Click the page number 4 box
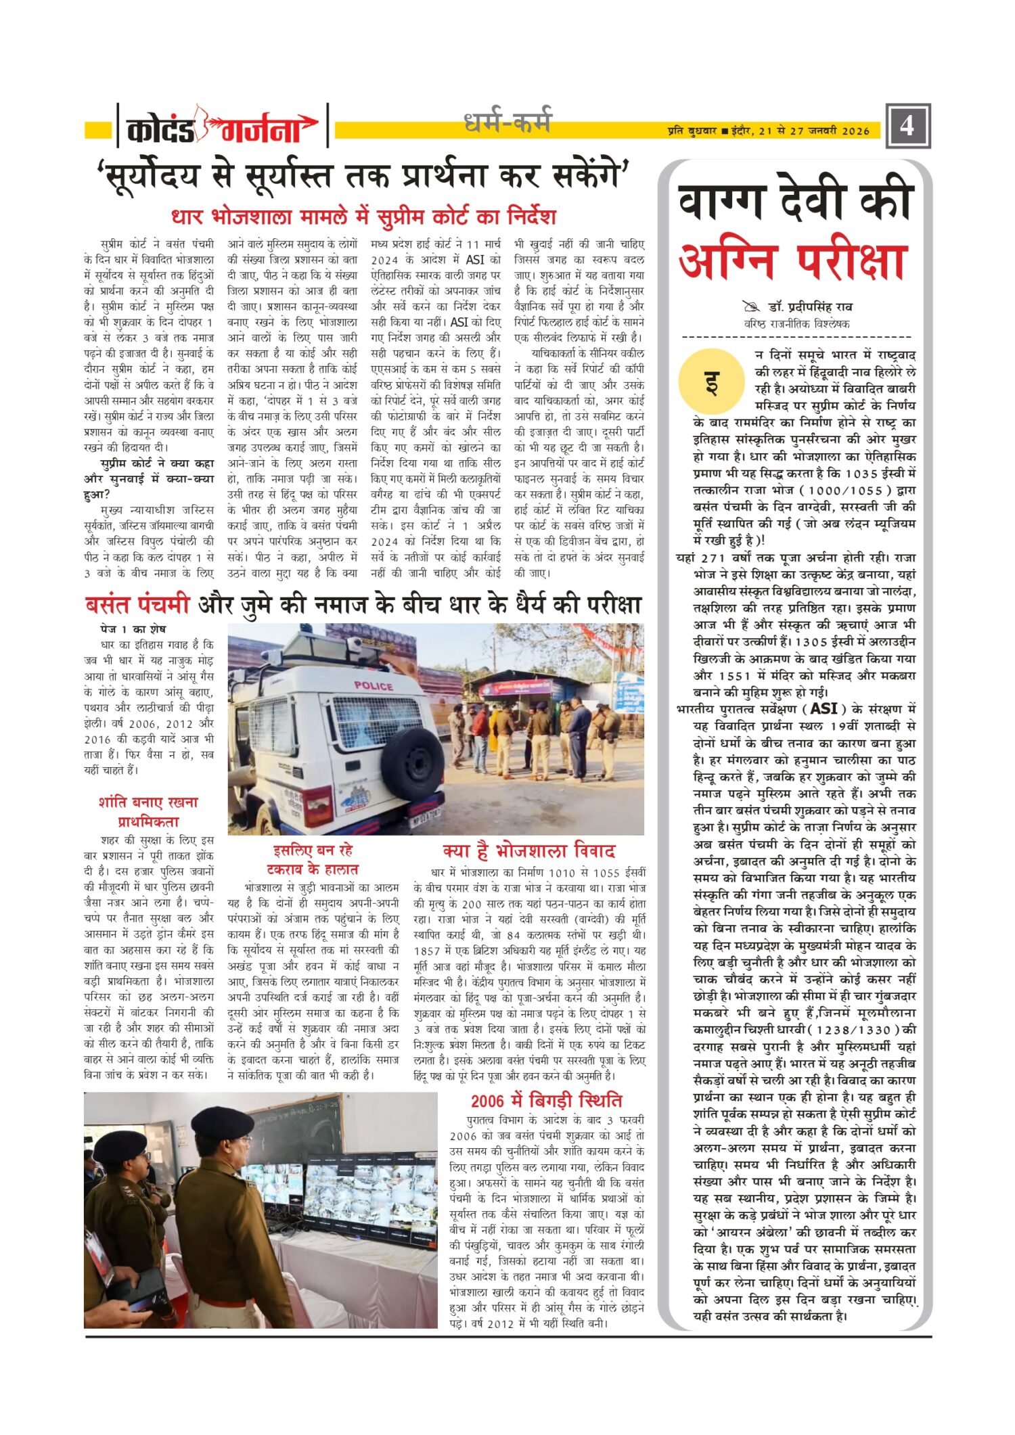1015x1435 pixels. [907, 126]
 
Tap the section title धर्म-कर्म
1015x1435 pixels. [507, 122]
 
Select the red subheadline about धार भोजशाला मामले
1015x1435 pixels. [363, 217]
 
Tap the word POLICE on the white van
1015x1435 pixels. [374, 685]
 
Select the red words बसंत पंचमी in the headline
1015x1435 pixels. [137, 603]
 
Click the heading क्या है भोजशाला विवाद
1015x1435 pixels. [528, 850]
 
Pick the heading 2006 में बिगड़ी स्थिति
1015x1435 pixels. [546, 1100]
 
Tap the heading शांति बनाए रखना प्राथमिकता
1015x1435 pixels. [148, 812]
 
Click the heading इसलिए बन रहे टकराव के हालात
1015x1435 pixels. [313, 859]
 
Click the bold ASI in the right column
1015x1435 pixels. [823, 708]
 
